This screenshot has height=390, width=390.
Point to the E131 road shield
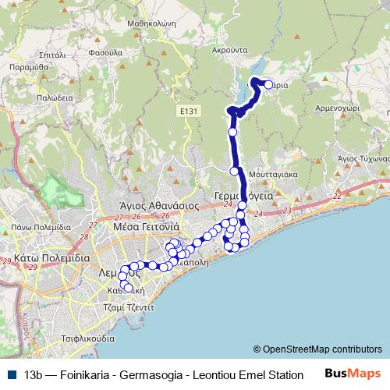[187, 112]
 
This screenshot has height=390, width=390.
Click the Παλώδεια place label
[53, 98]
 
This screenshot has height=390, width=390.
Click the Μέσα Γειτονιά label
[147, 226]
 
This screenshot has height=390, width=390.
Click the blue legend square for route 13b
[9, 374]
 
